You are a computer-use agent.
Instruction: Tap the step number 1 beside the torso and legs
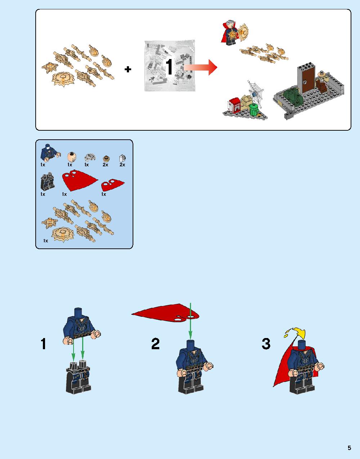[43, 344]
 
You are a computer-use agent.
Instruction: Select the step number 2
[155, 344]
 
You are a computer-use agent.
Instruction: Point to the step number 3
[266, 344]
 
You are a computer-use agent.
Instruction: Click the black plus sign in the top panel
[128, 69]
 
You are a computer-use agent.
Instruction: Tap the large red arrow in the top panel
[200, 67]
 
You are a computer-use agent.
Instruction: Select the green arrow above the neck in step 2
[190, 321]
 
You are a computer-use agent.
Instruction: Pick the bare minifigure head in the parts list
[72, 157]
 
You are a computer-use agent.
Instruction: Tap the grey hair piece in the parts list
[90, 158]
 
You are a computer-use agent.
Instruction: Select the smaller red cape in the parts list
[113, 185]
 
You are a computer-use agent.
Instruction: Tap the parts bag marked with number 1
[169, 66]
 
